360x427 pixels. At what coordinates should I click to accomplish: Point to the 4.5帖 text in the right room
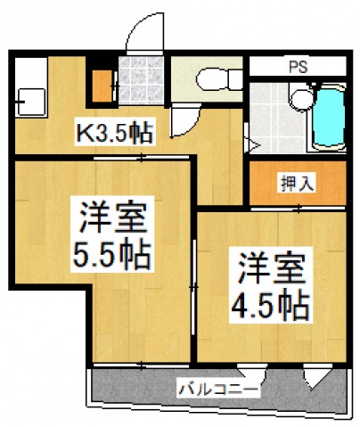click(272, 304)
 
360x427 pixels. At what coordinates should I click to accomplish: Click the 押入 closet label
click(291, 185)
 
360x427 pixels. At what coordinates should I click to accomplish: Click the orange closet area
click(291, 185)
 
